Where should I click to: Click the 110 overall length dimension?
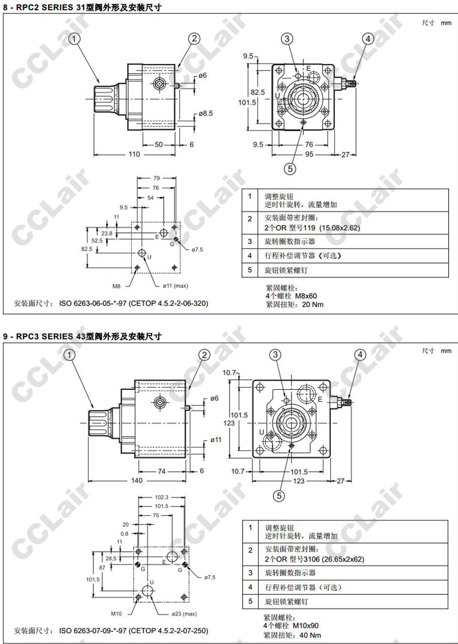pos(135,155)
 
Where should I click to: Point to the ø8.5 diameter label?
pos(206,113)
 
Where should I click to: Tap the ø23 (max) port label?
pos(184,614)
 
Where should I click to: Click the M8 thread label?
pos(117,286)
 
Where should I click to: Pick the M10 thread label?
pos(117,614)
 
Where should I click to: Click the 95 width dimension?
pos(309,155)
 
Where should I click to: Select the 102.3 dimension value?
pos(160,497)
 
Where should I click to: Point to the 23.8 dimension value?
pos(107,234)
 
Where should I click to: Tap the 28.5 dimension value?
pos(111,559)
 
